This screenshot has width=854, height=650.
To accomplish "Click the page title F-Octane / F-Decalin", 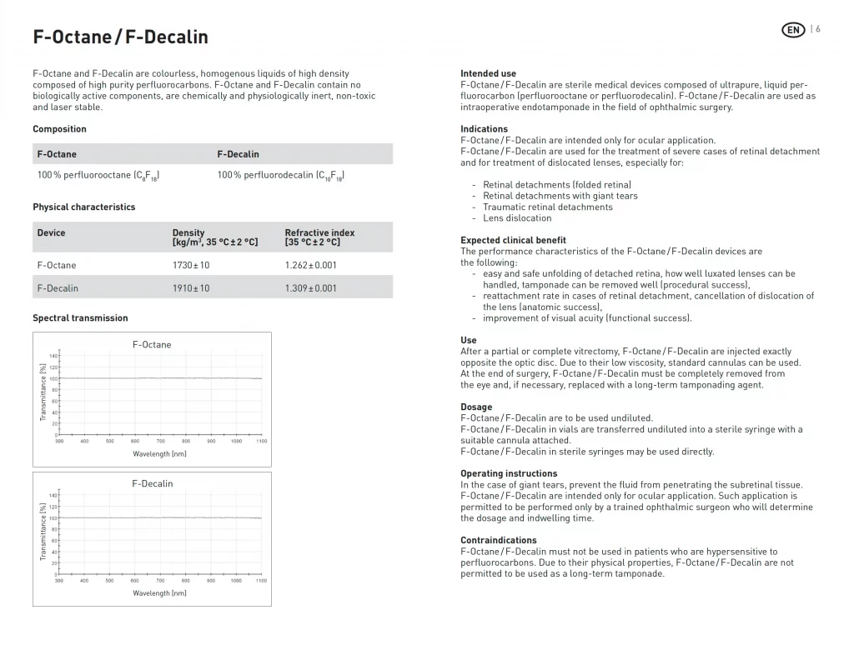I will pos(120,37).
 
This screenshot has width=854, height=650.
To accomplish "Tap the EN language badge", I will pos(793,30).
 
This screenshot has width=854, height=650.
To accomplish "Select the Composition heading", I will pos(59,129).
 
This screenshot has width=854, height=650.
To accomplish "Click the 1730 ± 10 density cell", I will pos(191,265).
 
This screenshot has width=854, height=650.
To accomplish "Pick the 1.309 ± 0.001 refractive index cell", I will pos(310,288).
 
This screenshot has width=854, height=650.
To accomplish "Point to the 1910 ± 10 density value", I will pos(191,288).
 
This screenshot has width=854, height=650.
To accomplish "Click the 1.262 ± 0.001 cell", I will pos(310,265).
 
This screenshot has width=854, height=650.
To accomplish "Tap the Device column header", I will pos(51,233).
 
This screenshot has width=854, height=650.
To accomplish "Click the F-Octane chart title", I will pos(152,344).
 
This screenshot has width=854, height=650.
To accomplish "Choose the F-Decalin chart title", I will pos(153,483).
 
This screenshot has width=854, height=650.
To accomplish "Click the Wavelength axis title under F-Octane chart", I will pos(159,454).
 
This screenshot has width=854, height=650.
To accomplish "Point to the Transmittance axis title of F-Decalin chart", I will pos(43,531).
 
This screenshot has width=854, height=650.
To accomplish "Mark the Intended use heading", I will pos(488,73).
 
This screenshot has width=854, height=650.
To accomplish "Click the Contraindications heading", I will pos(498,540).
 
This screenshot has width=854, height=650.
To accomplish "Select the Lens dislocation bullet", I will pos(517,218).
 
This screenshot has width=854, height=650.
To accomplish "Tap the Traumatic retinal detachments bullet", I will pos(547,207).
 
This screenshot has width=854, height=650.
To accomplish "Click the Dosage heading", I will pos(476,407).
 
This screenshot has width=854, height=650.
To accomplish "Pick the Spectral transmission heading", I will pos(80,317).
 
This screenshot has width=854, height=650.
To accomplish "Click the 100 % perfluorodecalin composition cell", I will pos(281,176).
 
